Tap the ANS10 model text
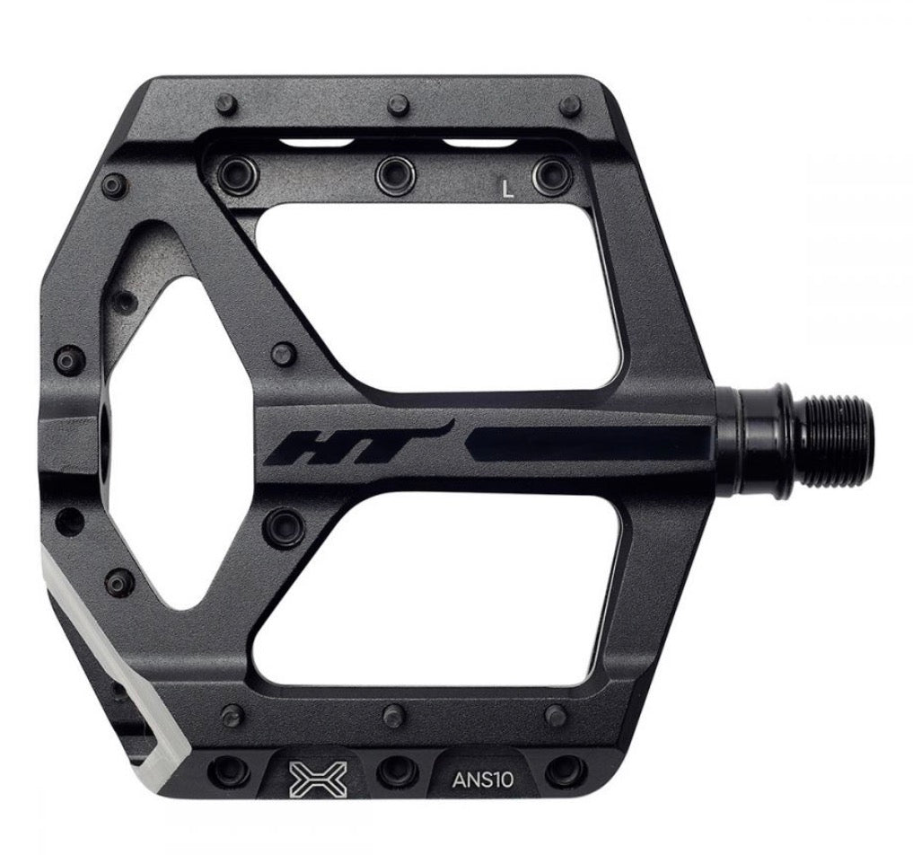tap(483, 780)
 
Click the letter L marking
tap(508, 189)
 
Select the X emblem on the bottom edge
tap(318, 780)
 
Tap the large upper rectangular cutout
tap(436, 297)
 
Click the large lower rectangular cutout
tap(436, 588)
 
